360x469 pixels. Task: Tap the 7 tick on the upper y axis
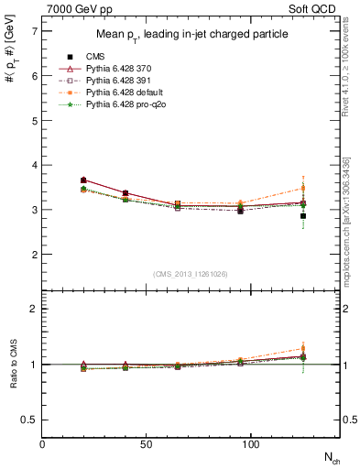(34, 32)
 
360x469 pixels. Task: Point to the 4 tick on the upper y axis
(34, 166)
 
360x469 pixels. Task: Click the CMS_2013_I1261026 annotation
(191, 273)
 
